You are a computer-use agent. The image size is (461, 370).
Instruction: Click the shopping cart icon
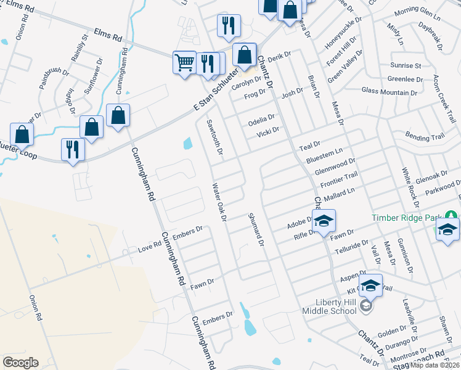[185, 62]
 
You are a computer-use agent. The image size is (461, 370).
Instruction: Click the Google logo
[20, 362]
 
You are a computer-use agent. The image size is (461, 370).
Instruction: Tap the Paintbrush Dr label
[54, 79]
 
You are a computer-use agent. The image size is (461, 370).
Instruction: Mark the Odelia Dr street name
[261, 118]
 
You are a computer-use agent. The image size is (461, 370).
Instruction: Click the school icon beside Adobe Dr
[324, 221]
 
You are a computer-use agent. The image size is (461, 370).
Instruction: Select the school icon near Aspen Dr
[370, 285]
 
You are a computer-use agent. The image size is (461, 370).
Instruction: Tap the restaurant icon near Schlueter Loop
[73, 150]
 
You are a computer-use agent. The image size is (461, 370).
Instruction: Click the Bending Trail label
[425, 136]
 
